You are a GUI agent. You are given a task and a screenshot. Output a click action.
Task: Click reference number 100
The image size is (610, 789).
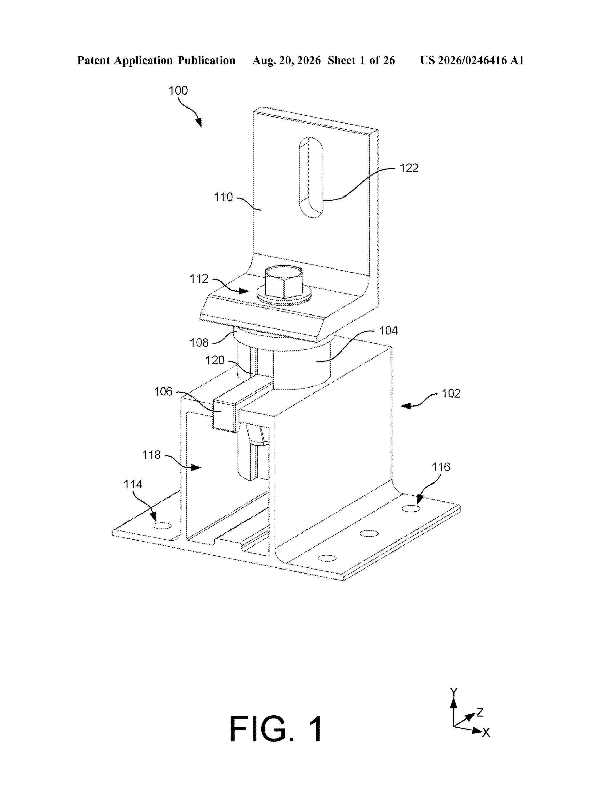(178, 90)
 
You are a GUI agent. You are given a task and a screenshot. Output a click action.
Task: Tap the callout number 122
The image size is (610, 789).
(409, 168)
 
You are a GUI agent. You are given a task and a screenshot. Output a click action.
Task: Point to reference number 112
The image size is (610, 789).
(199, 279)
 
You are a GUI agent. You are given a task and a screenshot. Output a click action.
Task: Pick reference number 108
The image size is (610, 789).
(199, 342)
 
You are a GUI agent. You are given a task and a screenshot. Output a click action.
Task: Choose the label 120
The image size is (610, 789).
(215, 360)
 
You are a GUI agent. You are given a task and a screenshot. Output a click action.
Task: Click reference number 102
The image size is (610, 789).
(451, 393)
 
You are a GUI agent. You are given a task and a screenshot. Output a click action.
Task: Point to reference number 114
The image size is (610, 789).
(133, 484)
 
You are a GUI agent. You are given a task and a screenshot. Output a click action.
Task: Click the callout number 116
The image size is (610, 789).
(441, 467)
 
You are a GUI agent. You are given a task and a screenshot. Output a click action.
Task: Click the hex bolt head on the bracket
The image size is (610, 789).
(284, 282)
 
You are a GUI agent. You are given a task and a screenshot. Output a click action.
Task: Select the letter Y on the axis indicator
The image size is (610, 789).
(454, 692)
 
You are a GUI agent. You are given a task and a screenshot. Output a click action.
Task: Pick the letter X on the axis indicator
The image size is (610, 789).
(486, 732)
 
